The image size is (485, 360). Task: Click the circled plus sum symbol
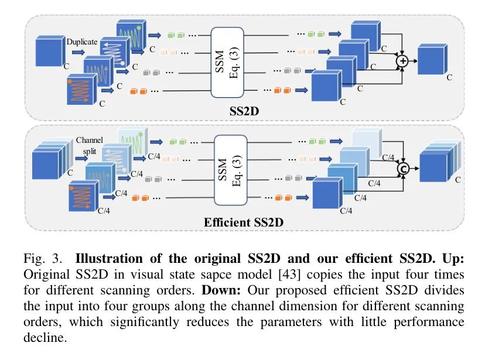point(402,61)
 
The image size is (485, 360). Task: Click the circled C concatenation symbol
point(402,169)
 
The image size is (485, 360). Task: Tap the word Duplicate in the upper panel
point(82,43)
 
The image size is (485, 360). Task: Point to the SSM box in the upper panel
point(235,62)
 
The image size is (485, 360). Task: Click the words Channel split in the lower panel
point(89,146)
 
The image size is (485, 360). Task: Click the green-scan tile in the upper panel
point(131,36)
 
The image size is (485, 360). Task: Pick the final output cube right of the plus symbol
point(432,60)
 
